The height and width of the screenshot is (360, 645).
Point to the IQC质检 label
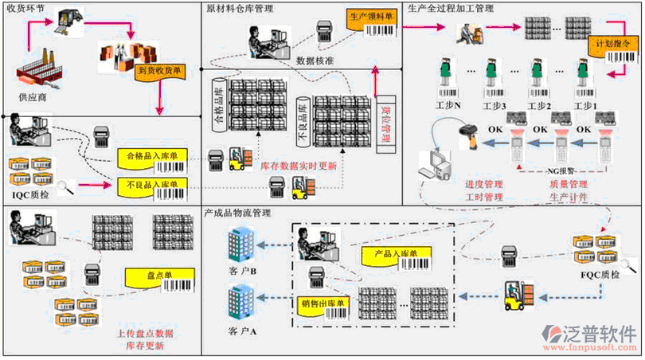pyautogui.click(x=29, y=194)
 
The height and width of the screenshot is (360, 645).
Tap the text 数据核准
pyautogui.click(x=315, y=60)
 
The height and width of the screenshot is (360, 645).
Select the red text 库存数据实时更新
pyautogui.click(x=299, y=167)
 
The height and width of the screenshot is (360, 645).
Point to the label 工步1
pyautogui.click(x=586, y=106)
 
